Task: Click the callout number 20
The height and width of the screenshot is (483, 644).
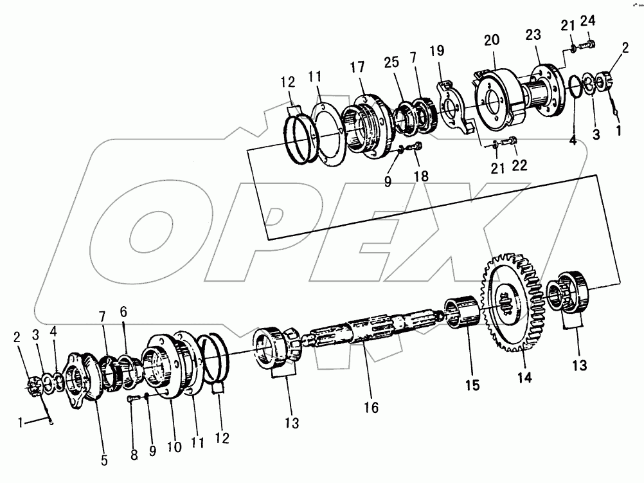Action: coord(492,40)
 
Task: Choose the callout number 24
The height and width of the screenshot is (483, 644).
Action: coord(587,21)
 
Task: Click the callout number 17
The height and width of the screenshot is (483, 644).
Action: coord(358,68)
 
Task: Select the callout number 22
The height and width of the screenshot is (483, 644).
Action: coord(519,165)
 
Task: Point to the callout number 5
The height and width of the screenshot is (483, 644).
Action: coord(104,460)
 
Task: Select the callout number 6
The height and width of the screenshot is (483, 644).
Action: coord(124,311)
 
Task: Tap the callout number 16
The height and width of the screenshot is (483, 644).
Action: coord(370,406)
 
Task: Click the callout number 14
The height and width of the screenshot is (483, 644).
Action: coord(526,378)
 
